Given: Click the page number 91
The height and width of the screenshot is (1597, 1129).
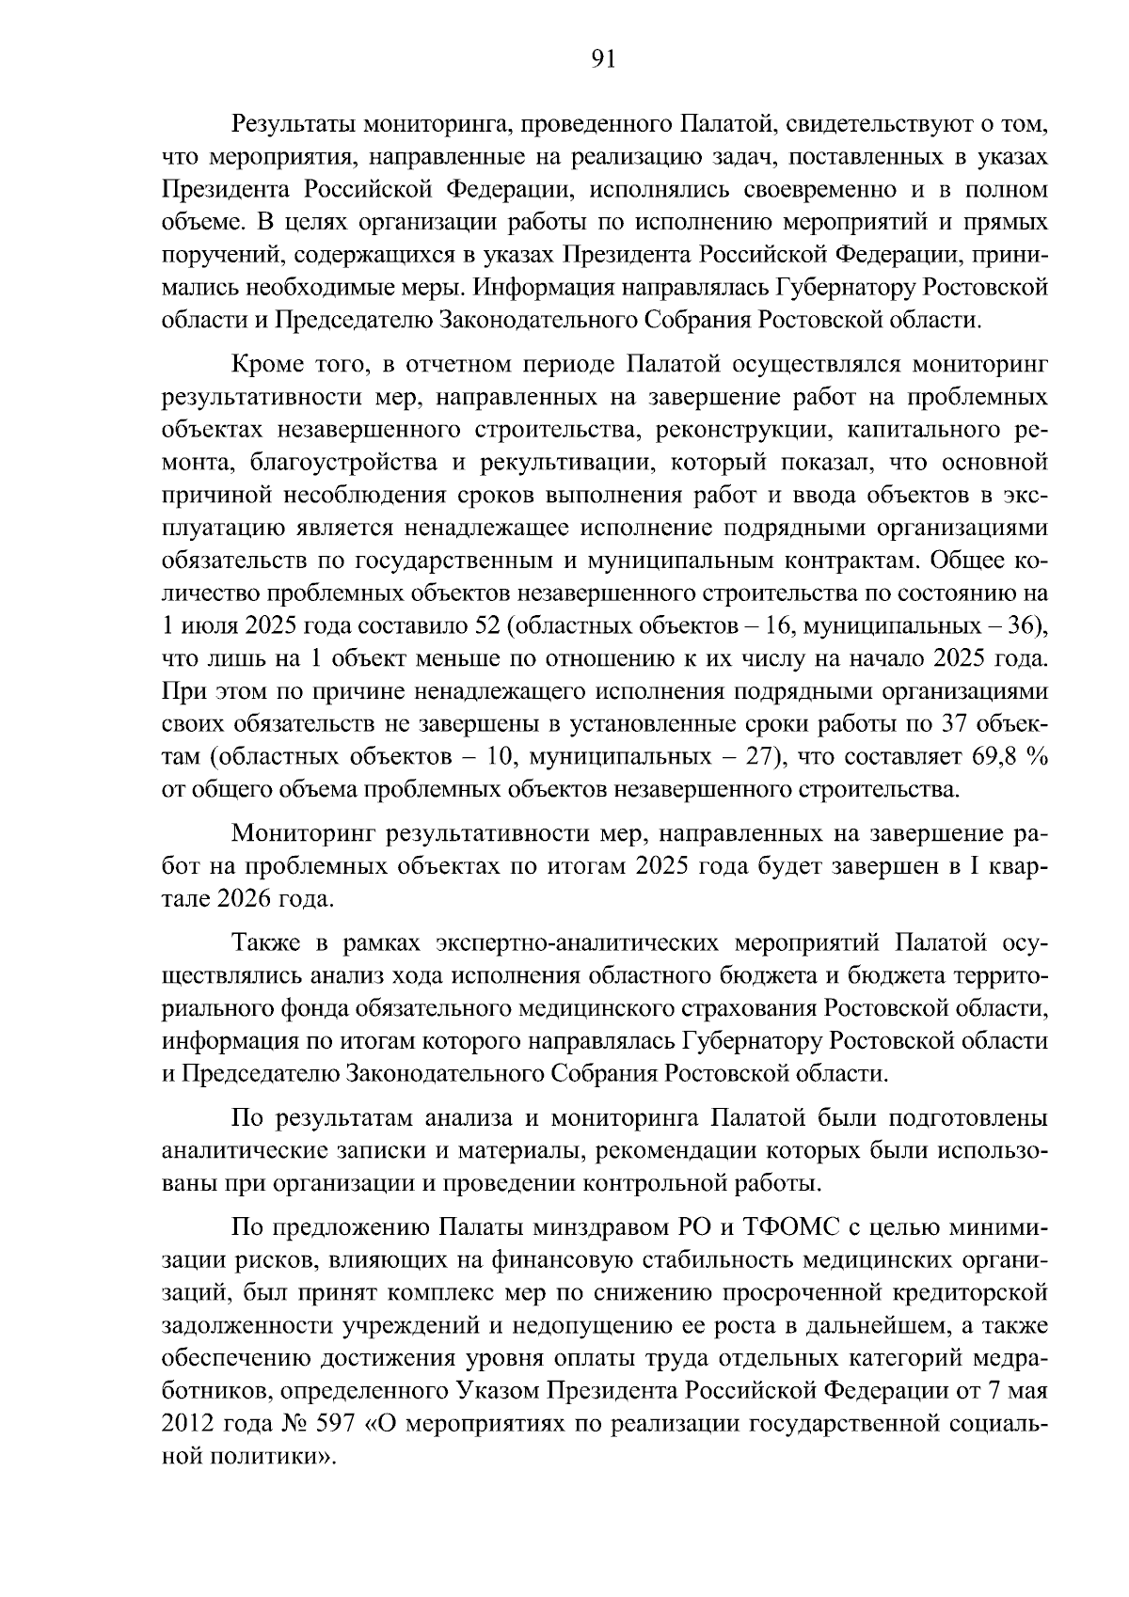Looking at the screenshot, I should point(602,60).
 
